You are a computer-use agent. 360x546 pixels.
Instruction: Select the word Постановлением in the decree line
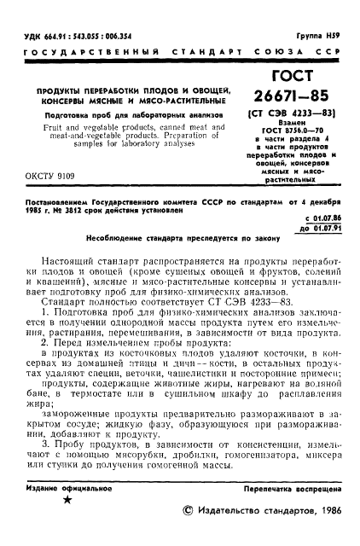click(58, 203)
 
